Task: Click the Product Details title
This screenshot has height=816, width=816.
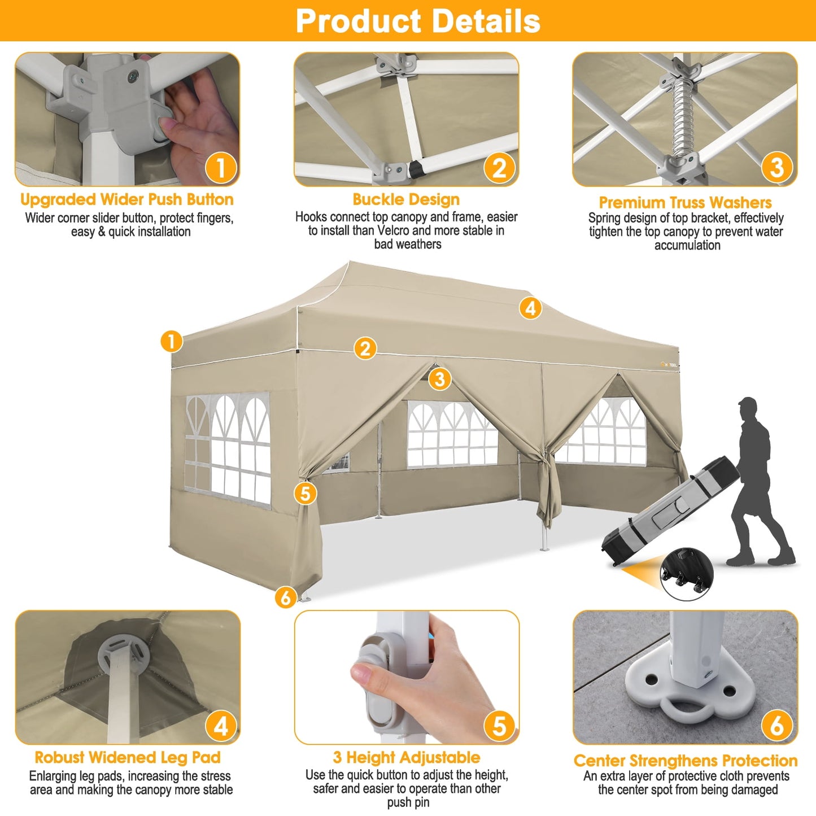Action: pyautogui.click(x=418, y=21)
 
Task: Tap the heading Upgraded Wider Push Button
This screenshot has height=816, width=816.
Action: pyautogui.click(x=127, y=199)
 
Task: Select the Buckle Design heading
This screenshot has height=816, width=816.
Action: pyautogui.click(x=406, y=199)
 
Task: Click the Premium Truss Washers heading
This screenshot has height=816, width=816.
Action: pyautogui.click(x=685, y=202)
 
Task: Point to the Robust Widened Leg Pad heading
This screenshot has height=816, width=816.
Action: pyautogui.click(x=128, y=757)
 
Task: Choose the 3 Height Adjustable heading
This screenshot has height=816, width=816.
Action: pyautogui.click(x=407, y=757)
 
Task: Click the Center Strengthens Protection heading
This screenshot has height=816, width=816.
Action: pyautogui.click(x=686, y=761)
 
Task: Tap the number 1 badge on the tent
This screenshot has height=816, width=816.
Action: pyautogui.click(x=171, y=341)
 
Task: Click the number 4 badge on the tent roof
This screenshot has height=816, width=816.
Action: pyautogui.click(x=530, y=308)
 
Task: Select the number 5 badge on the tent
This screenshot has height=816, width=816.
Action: pyautogui.click(x=305, y=493)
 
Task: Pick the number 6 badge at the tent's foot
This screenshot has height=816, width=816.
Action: pyautogui.click(x=286, y=597)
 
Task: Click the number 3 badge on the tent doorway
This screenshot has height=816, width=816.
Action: pyautogui.click(x=439, y=378)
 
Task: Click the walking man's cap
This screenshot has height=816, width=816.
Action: pyautogui.click(x=747, y=403)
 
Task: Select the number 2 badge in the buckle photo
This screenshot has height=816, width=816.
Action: pyautogui.click(x=499, y=168)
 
